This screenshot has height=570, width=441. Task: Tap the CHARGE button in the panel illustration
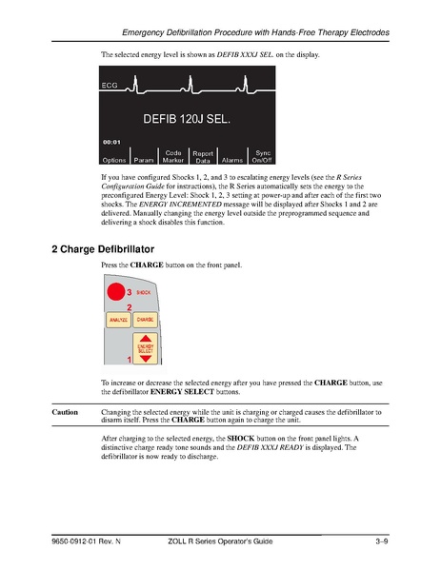tap(146, 320)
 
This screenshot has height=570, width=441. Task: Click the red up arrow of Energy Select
tap(146, 340)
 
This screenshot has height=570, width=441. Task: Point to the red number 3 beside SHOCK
tap(130, 292)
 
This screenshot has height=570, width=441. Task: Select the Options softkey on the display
tap(114, 160)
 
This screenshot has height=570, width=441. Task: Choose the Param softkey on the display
tap(144, 160)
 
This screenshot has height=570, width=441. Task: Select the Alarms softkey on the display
tap(232, 160)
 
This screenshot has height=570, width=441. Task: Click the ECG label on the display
tap(110, 87)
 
